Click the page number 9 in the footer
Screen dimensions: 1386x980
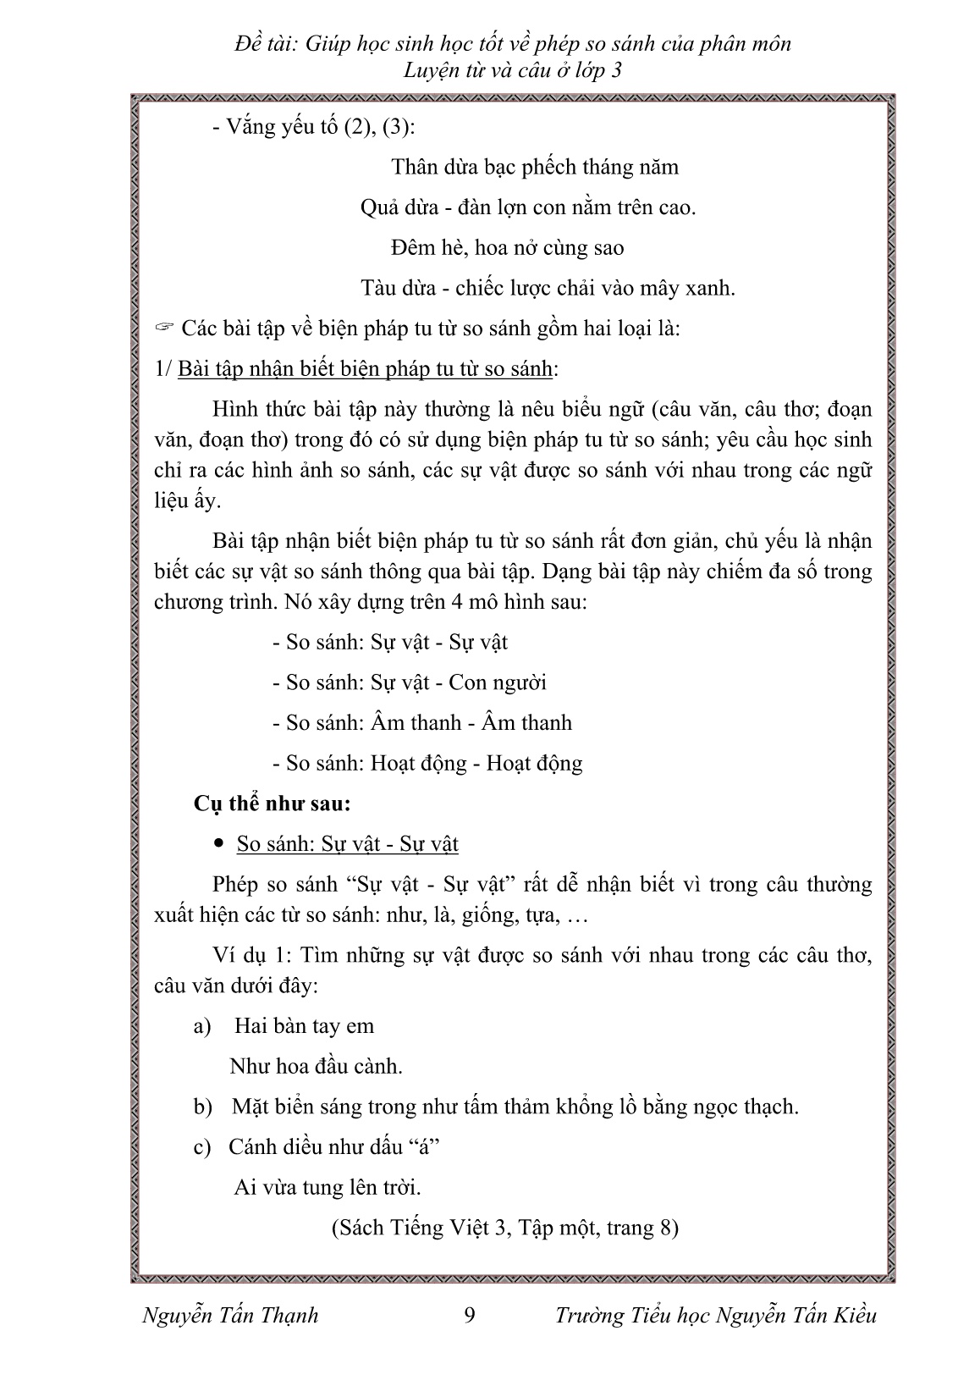tap(471, 1315)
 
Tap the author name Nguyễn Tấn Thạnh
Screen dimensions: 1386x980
tap(230, 1315)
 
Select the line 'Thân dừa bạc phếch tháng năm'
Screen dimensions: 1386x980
tap(535, 167)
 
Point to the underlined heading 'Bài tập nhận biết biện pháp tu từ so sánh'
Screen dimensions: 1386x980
tap(366, 368)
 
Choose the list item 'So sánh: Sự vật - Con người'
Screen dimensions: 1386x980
tap(410, 682)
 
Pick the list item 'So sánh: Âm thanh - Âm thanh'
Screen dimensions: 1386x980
tap(422, 723)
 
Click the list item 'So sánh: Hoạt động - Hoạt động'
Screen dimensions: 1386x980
tap(427, 764)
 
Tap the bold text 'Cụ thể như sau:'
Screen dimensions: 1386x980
tap(272, 803)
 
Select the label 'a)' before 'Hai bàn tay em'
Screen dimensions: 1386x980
tap(201, 1027)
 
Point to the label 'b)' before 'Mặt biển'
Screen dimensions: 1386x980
tap(201, 1107)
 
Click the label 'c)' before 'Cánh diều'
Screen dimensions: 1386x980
tap(201, 1148)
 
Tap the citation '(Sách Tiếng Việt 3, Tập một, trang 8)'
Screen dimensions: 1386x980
tap(504, 1228)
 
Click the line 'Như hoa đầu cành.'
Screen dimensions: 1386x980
tap(316, 1067)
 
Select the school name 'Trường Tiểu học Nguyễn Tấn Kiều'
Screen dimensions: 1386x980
tap(716, 1315)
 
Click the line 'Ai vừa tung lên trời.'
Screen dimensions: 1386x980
tap(328, 1188)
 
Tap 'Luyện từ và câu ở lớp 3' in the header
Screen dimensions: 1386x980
tap(513, 70)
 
